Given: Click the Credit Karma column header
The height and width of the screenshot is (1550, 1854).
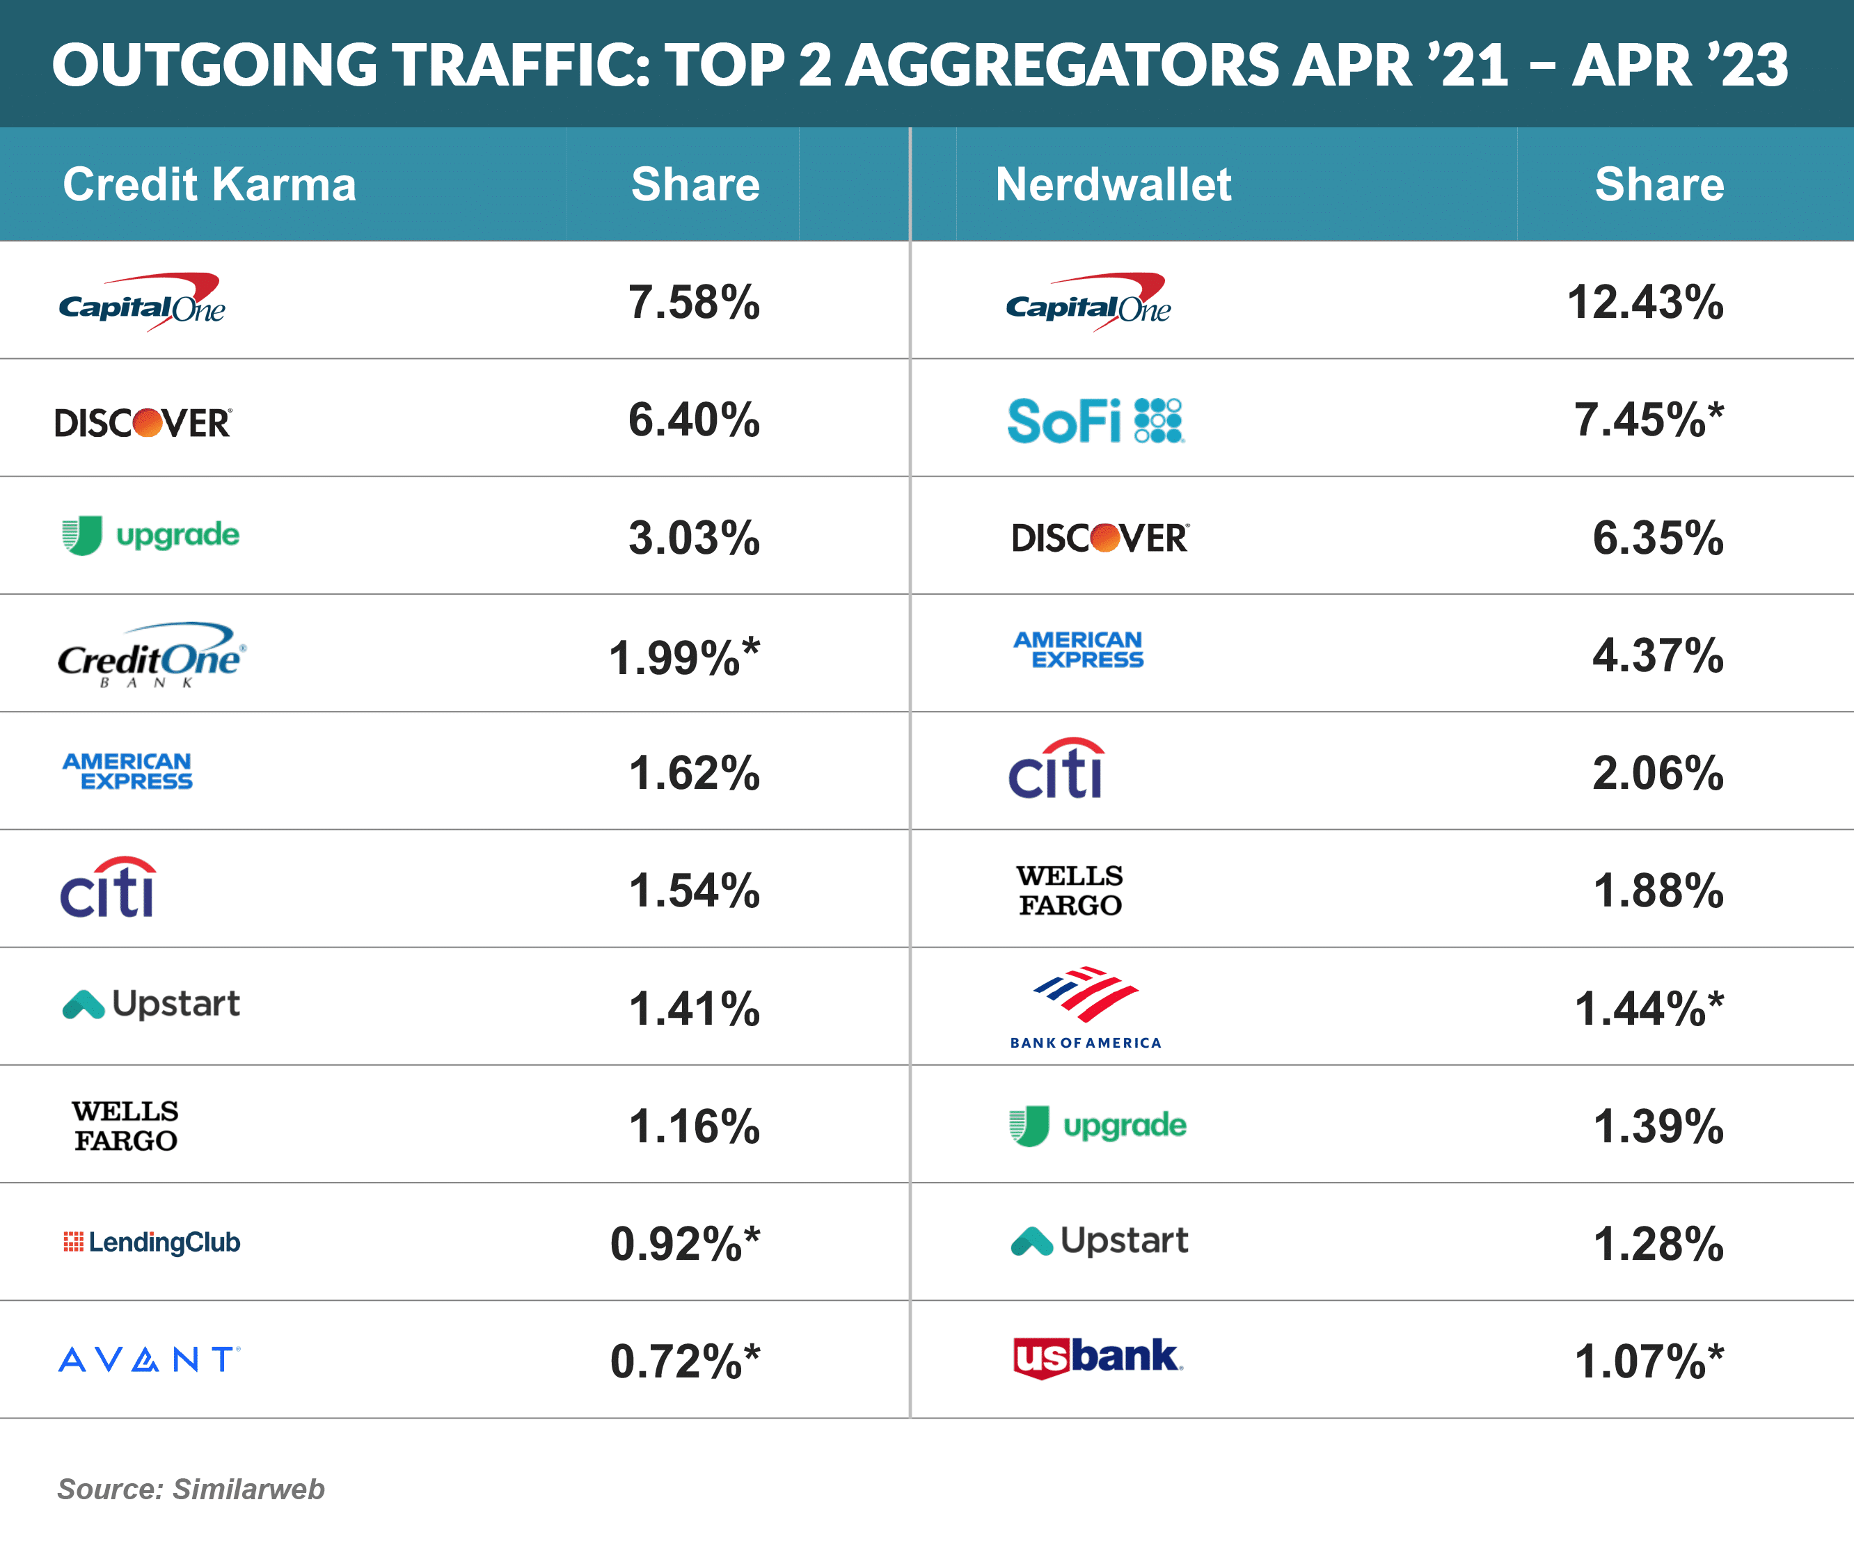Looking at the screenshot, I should (x=209, y=184).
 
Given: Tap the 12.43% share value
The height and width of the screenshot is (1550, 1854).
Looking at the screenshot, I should (x=1644, y=302).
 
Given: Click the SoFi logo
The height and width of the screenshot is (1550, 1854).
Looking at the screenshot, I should (x=1095, y=420).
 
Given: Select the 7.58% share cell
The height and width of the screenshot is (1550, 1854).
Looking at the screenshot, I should (x=694, y=302).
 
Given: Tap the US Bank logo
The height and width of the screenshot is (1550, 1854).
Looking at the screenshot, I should (x=1097, y=1357).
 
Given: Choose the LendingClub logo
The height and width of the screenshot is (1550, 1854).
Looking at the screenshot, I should (x=152, y=1242).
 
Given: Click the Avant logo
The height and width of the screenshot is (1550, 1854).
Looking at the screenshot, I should (x=148, y=1359).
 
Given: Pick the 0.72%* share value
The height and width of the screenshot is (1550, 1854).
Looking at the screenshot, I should (x=684, y=1360).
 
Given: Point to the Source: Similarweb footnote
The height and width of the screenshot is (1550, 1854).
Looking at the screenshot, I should (x=191, y=1488).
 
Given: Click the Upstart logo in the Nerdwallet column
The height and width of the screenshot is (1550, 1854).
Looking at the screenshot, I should (x=1099, y=1241).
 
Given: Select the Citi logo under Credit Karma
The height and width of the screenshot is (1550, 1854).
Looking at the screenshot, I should (x=108, y=888).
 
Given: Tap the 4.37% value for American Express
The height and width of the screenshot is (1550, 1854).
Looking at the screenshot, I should (x=1657, y=655).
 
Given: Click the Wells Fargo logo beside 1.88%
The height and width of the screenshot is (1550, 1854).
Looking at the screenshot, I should (x=1069, y=890).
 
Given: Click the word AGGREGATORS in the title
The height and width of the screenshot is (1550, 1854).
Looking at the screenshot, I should (x=1061, y=65).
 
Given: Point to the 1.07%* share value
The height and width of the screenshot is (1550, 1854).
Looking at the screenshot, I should (x=1648, y=1360).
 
